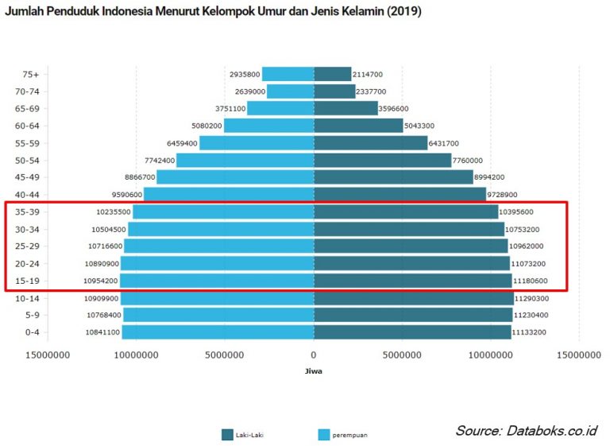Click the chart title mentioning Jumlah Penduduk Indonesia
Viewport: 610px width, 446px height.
(213, 12)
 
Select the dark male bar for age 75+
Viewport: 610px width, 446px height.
(332, 74)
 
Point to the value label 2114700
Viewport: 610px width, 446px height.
(368, 74)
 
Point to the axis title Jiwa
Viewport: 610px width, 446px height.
(313, 370)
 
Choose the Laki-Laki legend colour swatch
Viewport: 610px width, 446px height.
(227, 434)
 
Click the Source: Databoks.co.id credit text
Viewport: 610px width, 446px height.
(525, 431)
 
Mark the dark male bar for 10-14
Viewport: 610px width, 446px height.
(413, 298)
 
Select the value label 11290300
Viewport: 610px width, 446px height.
(531, 299)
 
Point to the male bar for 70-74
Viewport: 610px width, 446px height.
(334, 91)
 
